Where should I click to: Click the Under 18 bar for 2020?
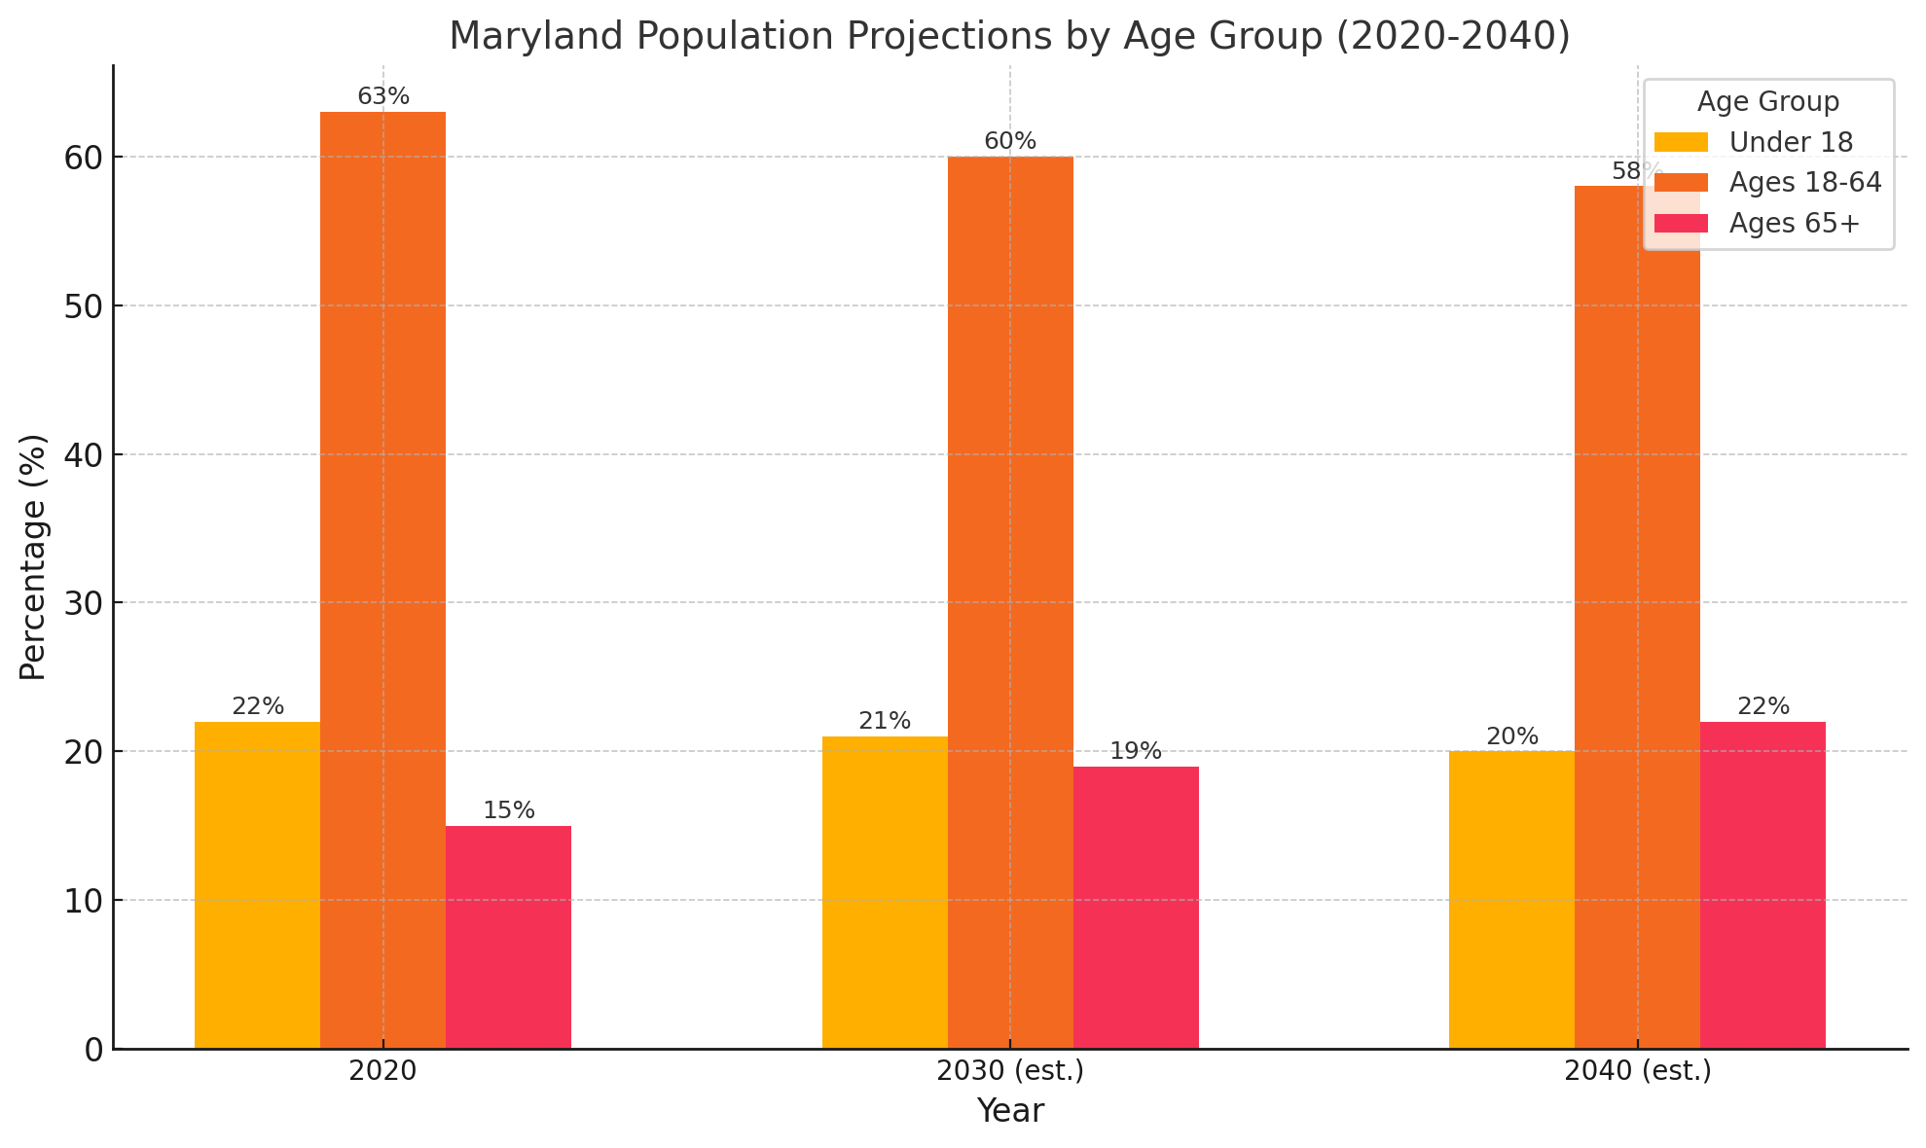(x=257, y=884)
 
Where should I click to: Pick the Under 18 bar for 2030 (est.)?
(x=885, y=892)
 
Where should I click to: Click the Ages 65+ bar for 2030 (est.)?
(x=1136, y=907)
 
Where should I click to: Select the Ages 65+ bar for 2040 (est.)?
(x=1762, y=884)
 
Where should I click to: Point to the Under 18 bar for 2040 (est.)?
(x=1511, y=899)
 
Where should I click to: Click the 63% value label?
(x=383, y=97)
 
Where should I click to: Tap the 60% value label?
(x=1010, y=142)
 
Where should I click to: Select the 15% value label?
(x=509, y=811)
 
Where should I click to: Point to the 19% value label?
(x=1136, y=752)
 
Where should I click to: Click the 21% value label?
(x=885, y=722)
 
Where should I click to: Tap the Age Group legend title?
(x=1767, y=102)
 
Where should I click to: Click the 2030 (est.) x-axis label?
(x=1010, y=1072)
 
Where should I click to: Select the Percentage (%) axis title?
(x=33, y=556)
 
